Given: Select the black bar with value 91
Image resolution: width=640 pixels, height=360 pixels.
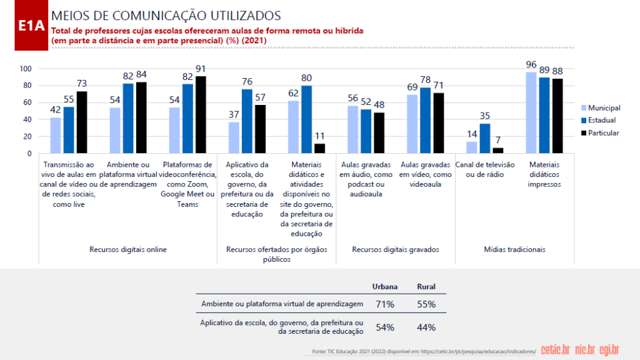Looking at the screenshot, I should pos(200,115).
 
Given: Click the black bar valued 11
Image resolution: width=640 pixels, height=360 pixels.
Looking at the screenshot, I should pos(320,149).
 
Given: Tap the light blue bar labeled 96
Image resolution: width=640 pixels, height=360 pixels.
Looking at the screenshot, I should pos(531,112).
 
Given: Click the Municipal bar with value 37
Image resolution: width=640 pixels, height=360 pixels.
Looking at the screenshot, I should pos(234,137).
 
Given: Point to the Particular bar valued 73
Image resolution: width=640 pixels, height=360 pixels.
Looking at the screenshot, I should pos(81,122).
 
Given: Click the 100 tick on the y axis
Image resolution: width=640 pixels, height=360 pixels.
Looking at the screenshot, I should pos(26,69).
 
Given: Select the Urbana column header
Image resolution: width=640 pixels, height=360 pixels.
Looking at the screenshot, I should pos(384,287).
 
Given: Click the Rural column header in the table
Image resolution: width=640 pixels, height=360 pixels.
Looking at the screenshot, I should pos(426,287).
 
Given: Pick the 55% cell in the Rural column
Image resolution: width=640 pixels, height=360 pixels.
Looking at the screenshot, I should pos(426,304).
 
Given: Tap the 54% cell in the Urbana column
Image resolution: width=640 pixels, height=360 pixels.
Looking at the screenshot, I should pos(384,327).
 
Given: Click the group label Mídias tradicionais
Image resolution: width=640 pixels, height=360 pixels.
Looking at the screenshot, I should pos(514,249).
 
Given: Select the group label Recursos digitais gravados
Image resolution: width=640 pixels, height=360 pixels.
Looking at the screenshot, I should pos(396,249).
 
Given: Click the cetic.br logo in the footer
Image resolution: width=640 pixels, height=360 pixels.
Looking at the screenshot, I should pos(555,349).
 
